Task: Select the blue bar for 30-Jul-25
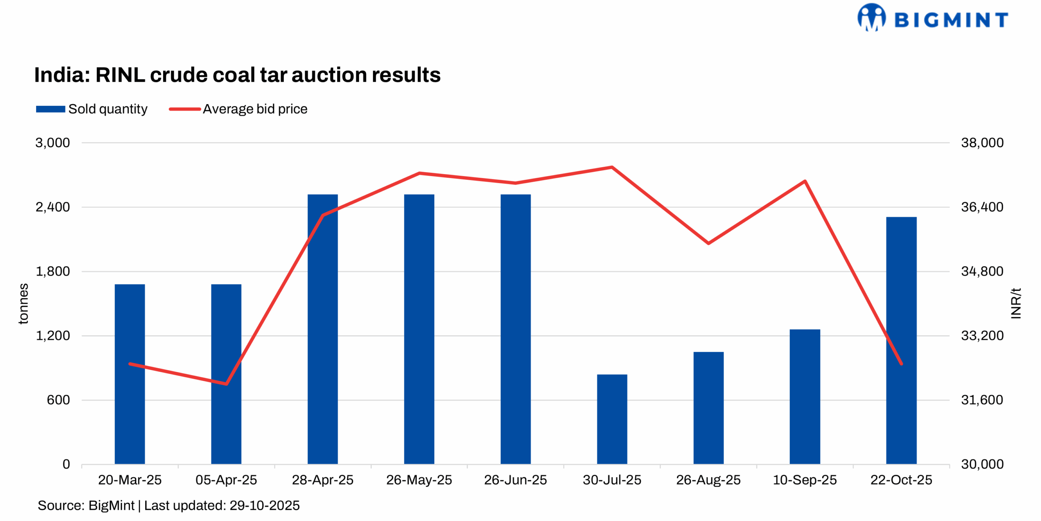tap(612, 419)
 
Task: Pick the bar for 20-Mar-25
tap(130, 374)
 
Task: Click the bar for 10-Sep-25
tap(804, 396)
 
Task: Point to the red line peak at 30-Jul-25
tap(612, 167)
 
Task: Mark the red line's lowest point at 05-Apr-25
tap(226, 384)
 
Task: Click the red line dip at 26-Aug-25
tap(708, 243)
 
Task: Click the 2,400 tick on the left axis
tap(52, 207)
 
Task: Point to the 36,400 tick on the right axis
tap(982, 207)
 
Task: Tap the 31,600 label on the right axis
tap(982, 400)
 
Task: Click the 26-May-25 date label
tap(419, 480)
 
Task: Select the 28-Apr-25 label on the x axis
tap(322, 480)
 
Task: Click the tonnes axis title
tap(24, 303)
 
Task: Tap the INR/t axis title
tap(1015, 303)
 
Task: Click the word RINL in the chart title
tap(120, 75)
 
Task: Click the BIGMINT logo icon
tap(871, 17)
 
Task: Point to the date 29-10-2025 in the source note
tap(264, 506)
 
